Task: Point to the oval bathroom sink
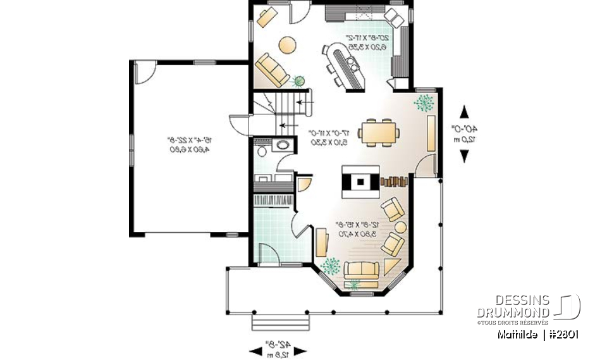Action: point(282,146)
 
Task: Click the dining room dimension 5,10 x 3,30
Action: point(329,142)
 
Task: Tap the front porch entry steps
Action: point(274,322)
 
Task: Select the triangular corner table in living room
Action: point(390,266)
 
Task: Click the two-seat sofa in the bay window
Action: point(360,270)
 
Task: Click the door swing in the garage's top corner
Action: point(144,71)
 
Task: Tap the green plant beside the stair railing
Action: point(298,81)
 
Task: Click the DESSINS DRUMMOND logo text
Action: point(513,306)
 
